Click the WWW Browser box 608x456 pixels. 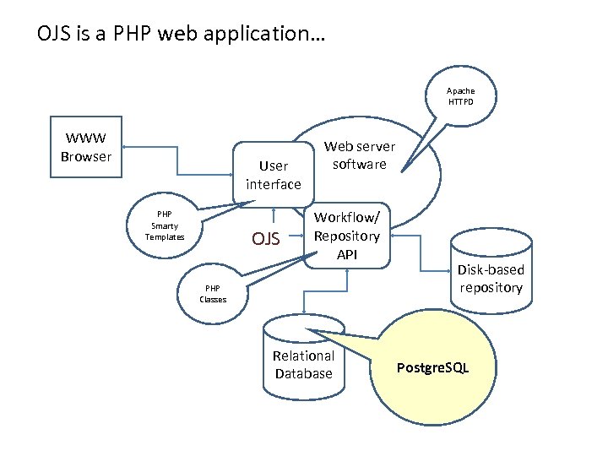[x=86, y=147]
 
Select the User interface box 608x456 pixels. [x=273, y=175]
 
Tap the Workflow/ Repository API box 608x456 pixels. [x=347, y=236]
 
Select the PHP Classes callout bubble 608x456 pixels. [x=213, y=293]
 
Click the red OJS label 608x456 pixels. [x=266, y=239]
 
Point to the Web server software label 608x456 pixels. [x=359, y=155]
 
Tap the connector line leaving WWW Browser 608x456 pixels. [x=178, y=161]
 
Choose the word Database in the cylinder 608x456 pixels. [x=303, y=373]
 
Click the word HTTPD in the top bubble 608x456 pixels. [x=461, y=102]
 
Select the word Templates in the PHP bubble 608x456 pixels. [x=165, y=237]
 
